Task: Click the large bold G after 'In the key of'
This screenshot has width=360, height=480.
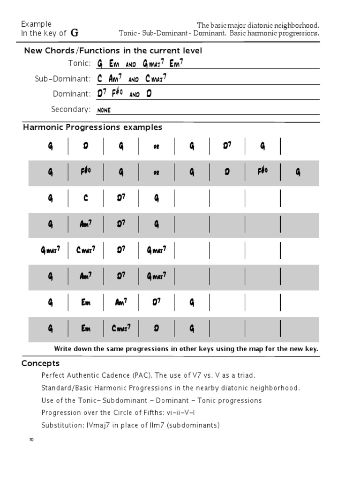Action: pyautogui.click(x=75, y=33)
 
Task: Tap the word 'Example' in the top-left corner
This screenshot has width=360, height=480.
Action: pyautogui.click(x=37, y=24)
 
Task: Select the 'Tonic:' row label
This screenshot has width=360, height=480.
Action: pyautogui.click(x=79, y=63)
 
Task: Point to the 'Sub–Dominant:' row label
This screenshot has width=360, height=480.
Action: pyautogui.click(x=63, y=79)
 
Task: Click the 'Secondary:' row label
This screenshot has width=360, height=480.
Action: pyautogui.click(x=71, y=109)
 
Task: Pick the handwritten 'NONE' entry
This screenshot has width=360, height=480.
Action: pyautogui.click(x=104, y=110)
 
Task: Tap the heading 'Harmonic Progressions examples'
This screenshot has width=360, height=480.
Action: pyautogui.click(x=93, y=127)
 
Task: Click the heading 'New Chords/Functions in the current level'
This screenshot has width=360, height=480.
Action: pyautogui.click(x=113, y=51)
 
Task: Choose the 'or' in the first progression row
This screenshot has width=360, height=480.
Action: pyautogui.click(x=157, y=147)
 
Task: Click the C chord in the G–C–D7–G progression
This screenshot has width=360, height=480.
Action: pyautogui.click(x=86, y=199)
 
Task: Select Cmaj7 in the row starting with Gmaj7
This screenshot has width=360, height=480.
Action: pyautogui.click(x=86, y=250)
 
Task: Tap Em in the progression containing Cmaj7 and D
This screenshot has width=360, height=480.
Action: pyautogui.click(x=86, y=329)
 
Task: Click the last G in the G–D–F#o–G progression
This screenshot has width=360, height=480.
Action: pyautogui.click(x=298, y=172)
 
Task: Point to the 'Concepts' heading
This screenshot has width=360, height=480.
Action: pyautogui.click(x=41, y=363)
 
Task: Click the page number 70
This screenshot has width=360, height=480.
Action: pyautogui.click(x=31, y=440)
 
